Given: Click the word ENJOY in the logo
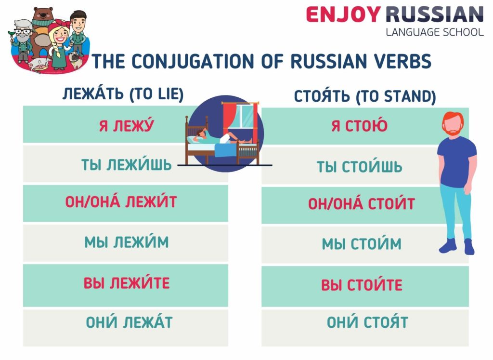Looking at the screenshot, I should (x=342, y=14).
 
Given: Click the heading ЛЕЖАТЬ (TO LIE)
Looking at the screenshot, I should (x=123, y=94).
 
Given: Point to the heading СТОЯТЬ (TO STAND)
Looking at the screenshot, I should (x=365, y=96).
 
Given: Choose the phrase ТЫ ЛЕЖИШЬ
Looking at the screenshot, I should (x=127, y=165).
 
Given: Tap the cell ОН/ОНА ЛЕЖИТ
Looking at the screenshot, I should (x=121, y=201).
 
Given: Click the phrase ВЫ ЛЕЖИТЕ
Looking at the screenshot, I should (x=127, y=282).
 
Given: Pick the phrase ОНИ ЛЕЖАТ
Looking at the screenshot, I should (x=129, y=322).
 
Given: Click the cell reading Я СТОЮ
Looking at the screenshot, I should (x=360, y=126).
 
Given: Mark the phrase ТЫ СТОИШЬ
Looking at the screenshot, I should (x=359, y=167).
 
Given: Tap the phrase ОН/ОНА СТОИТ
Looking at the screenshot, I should (x=361, y=204).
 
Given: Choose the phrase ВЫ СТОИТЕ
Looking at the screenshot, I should (x=362, y=285).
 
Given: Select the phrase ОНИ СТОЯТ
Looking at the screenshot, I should (x=367, y=322).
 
